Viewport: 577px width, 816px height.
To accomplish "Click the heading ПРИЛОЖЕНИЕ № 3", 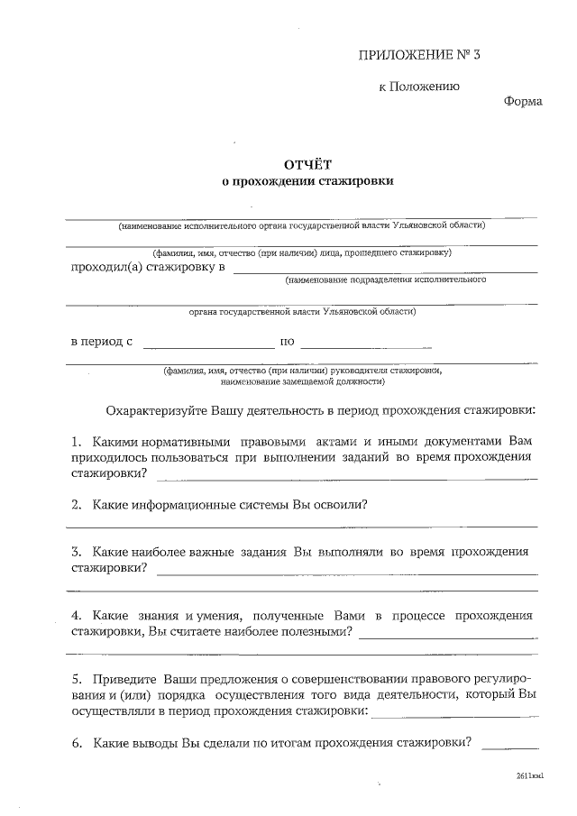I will point(420,55).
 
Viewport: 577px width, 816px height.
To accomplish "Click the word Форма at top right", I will point(522,101).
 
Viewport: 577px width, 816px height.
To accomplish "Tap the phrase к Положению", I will point(418,87).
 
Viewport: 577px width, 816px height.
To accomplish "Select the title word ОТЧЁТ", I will point(308,164).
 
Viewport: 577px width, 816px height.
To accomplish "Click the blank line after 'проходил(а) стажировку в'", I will point(385,269).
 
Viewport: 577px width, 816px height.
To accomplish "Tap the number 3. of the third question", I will point(77,551).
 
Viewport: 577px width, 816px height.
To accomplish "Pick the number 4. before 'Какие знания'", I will point(77,615).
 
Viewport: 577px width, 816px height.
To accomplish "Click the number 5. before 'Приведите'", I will point(77,678).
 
